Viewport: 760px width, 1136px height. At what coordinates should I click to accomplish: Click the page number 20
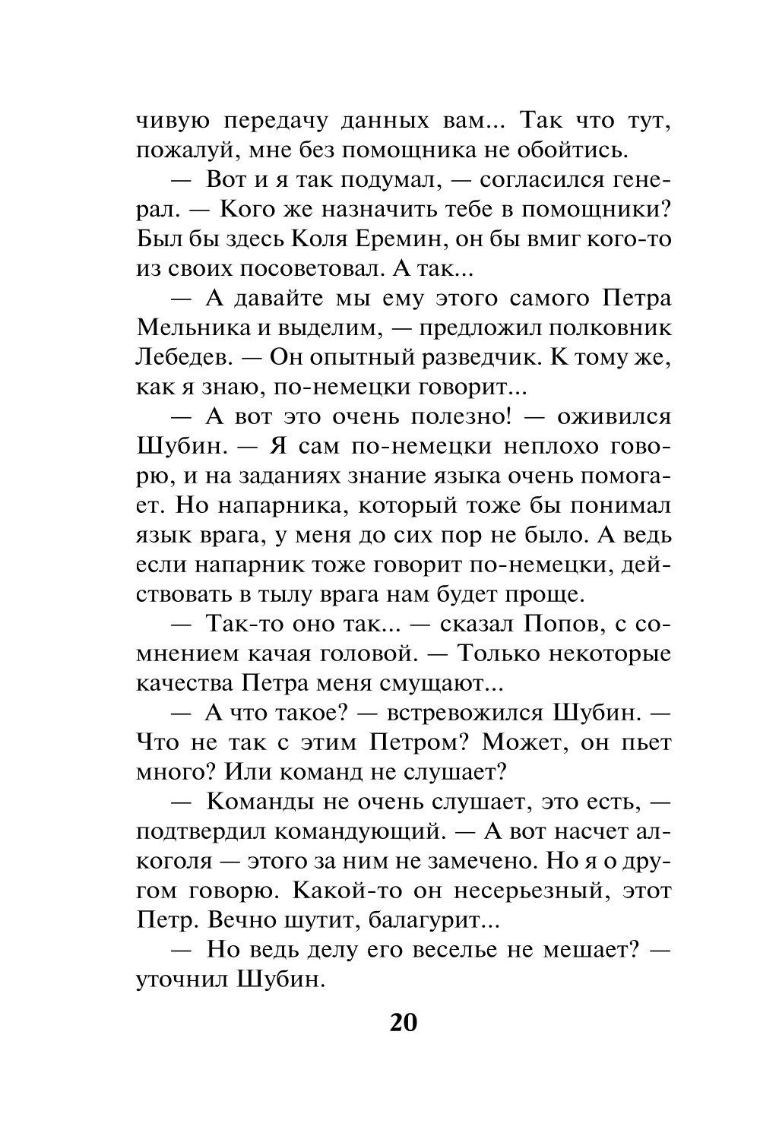tap(404, 1022)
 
